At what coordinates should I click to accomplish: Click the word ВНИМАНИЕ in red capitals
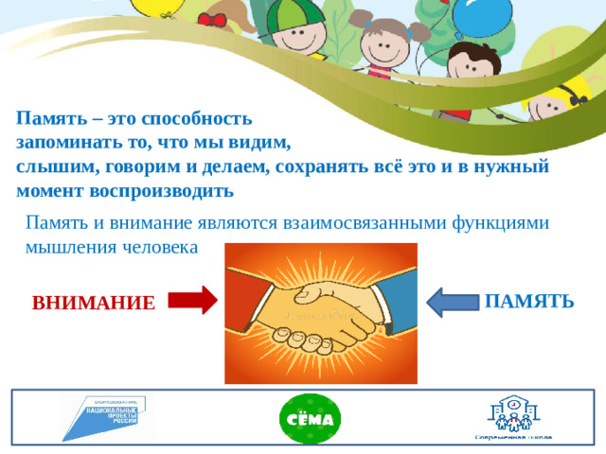coord(93,304)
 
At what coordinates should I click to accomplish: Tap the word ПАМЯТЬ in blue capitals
coord(528,302)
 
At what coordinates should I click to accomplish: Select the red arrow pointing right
coord(192,301)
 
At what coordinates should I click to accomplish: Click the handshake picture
coord(320,313)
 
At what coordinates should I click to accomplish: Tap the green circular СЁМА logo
coord(304,419)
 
